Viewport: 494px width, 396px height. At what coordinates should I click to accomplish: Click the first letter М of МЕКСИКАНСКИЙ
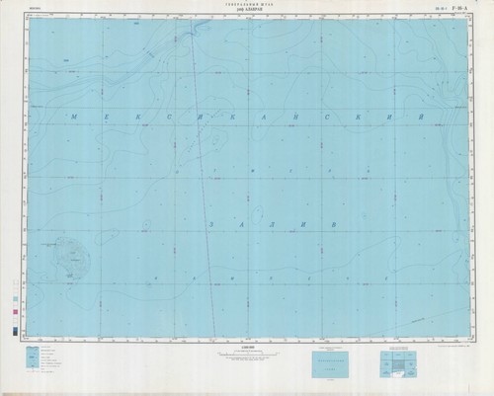point(76,118)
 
